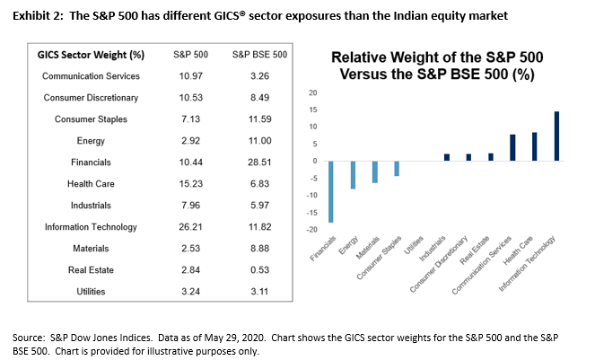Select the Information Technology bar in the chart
556,136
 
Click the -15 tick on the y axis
313,213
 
